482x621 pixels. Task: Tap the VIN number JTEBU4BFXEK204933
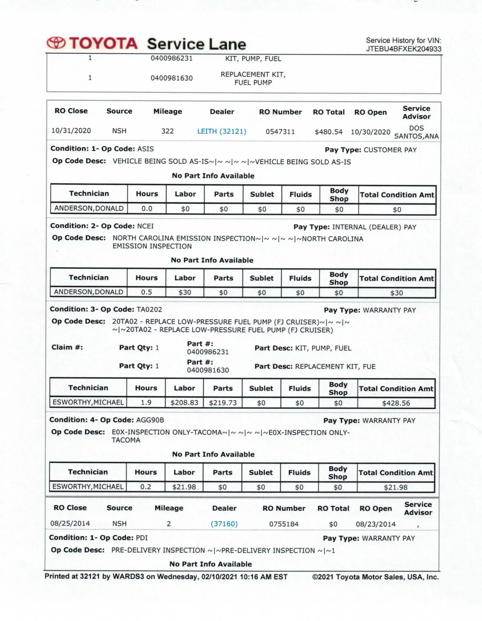click(403, 49)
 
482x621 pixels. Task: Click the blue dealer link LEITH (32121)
click(222, 131)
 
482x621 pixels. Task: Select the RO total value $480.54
click(329, 132)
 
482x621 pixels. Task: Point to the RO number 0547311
click(280, 132)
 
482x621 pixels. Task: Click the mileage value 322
click(167, 131)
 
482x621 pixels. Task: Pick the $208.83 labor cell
click(184, 403)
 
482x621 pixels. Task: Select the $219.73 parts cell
click(223, 403)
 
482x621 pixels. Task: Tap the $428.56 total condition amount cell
click(396, 403)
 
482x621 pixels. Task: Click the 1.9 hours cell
click(146, 403)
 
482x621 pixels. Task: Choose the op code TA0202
click(150, 310)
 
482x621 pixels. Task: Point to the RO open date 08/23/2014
click(376, 524)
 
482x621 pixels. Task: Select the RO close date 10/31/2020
click(71, 131)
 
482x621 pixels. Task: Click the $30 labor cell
click(185, 293)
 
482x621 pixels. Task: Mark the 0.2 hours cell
click(146, 487)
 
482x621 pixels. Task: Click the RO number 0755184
click(284, 524)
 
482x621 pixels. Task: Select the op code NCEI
click(146, 226)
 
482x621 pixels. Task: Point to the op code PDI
click(142, 538)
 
